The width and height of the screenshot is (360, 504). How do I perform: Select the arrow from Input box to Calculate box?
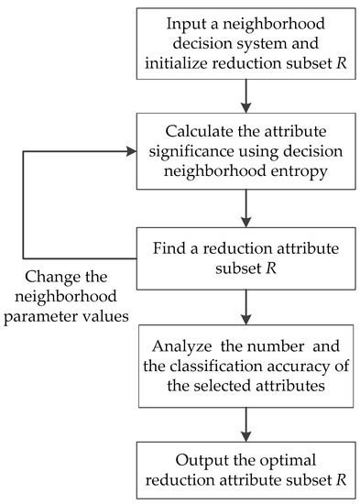coord(245,96)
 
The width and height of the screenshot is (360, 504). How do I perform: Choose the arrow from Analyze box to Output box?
coord(245,422)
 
